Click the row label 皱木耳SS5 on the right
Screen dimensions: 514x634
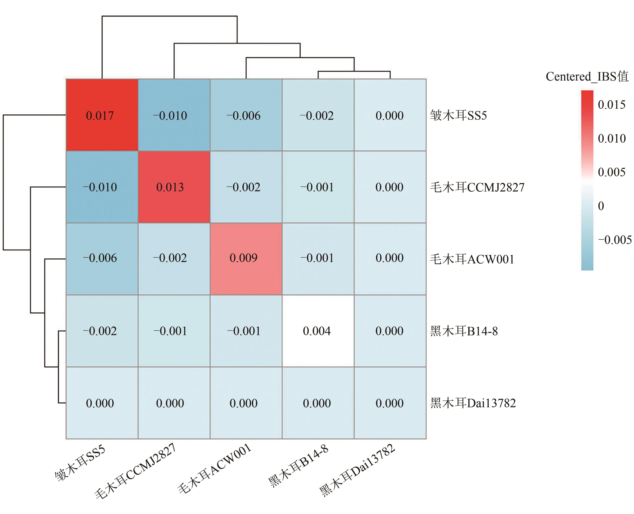pyautogui.click(x=458, y=115)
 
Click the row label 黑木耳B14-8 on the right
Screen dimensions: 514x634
pyautogui.click(x=464, y=331)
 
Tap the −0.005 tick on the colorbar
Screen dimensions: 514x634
pyautogui.click(x=614, y=240)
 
